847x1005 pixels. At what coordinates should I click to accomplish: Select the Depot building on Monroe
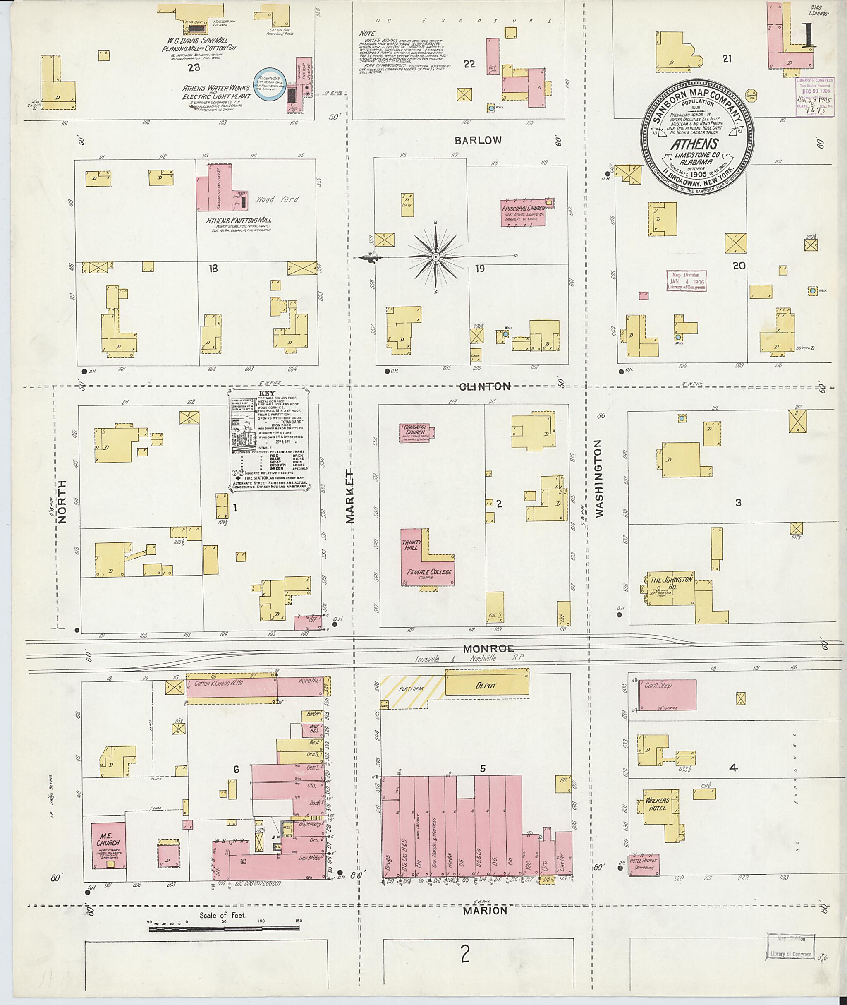pos(486,686)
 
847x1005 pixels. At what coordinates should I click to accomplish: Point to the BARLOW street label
pos(478,140)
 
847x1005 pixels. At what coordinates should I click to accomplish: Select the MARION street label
pos(485,910)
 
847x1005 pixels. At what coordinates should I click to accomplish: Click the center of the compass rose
pos(435,257)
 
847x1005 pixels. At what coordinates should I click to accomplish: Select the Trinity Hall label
pos(412,544)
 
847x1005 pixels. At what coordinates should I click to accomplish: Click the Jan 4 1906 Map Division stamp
pos(686,280)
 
